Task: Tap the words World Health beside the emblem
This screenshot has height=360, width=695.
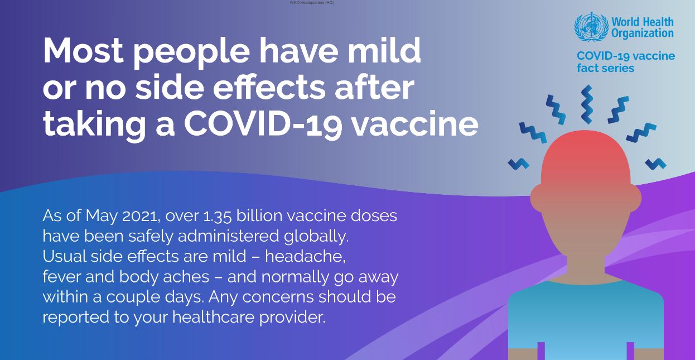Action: [x=642, y=22]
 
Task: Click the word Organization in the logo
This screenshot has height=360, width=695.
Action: [x=642, y=33]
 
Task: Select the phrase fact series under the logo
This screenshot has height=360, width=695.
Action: [x=605, y=68]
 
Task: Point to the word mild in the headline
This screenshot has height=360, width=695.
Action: [x=384, y=50]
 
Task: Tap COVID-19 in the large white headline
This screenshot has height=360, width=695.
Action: [x=263, y=123]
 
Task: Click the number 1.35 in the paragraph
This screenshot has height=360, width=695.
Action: [x=217, y=215]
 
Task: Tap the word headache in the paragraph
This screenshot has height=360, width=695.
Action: [x=305, y=256]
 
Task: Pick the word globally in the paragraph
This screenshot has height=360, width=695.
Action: [x=316, y=237]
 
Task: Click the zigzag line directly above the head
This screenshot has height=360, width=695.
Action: [x=587, y=104]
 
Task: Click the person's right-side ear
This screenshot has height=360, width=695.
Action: [x=634, y=198]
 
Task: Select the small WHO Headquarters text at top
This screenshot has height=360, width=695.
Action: [x=311, y=2]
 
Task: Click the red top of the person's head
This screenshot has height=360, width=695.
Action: [x=586, y=152]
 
